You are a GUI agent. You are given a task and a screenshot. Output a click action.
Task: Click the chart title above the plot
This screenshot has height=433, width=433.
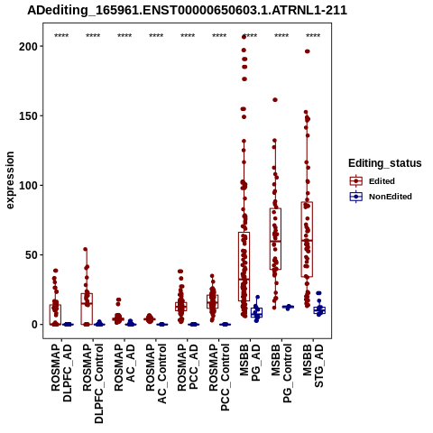187,10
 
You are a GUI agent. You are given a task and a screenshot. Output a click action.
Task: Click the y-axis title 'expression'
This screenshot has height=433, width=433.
10,180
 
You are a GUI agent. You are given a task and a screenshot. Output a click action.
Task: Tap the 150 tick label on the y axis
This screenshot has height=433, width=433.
28,115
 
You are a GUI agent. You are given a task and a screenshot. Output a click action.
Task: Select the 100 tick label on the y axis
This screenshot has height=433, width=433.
28,185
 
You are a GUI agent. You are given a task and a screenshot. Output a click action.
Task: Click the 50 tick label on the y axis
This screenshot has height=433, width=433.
31,255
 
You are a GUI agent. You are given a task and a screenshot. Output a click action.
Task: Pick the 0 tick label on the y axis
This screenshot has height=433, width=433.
34,325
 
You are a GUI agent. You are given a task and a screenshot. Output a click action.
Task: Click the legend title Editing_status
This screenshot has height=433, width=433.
385,163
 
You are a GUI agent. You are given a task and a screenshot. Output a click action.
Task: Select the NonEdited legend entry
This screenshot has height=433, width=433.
381,197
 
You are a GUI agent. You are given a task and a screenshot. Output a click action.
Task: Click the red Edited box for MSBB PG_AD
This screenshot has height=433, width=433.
244,266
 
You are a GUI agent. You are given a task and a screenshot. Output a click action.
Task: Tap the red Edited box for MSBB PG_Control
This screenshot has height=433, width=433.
275,239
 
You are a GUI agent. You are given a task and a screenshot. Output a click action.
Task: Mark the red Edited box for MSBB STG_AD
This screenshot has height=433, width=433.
307,239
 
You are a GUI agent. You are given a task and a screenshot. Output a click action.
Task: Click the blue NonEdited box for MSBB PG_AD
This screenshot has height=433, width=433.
256,312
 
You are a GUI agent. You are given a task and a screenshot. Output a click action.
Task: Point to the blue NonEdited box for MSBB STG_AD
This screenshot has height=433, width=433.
319,310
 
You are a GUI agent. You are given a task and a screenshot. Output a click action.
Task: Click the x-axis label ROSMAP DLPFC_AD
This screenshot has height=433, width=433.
61,373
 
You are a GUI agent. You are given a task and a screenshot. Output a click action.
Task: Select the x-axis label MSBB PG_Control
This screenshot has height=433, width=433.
281,373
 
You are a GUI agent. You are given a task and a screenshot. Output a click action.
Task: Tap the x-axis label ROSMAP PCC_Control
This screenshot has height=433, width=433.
219,377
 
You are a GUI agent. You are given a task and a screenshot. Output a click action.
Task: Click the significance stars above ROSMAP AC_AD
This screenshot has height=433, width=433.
124,36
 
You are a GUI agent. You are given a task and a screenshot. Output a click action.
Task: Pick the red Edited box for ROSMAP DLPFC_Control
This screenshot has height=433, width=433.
87,309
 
